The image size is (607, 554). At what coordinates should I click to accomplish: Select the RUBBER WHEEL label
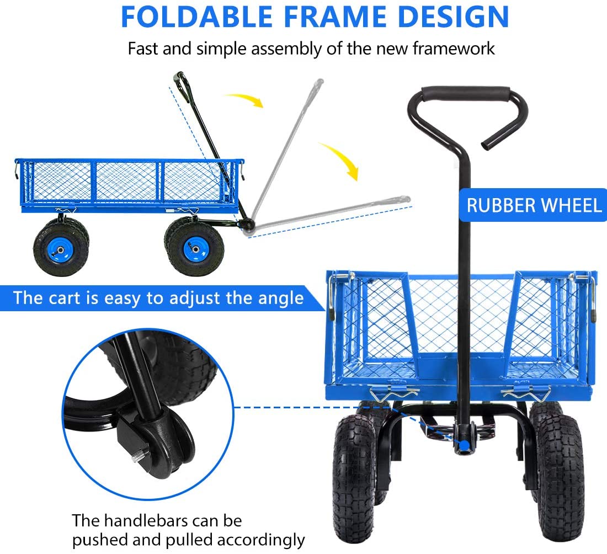pos(534,205)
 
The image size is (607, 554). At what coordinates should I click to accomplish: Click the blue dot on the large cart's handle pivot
pos(465,445)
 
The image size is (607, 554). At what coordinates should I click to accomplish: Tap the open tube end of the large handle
pos(489,145)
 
